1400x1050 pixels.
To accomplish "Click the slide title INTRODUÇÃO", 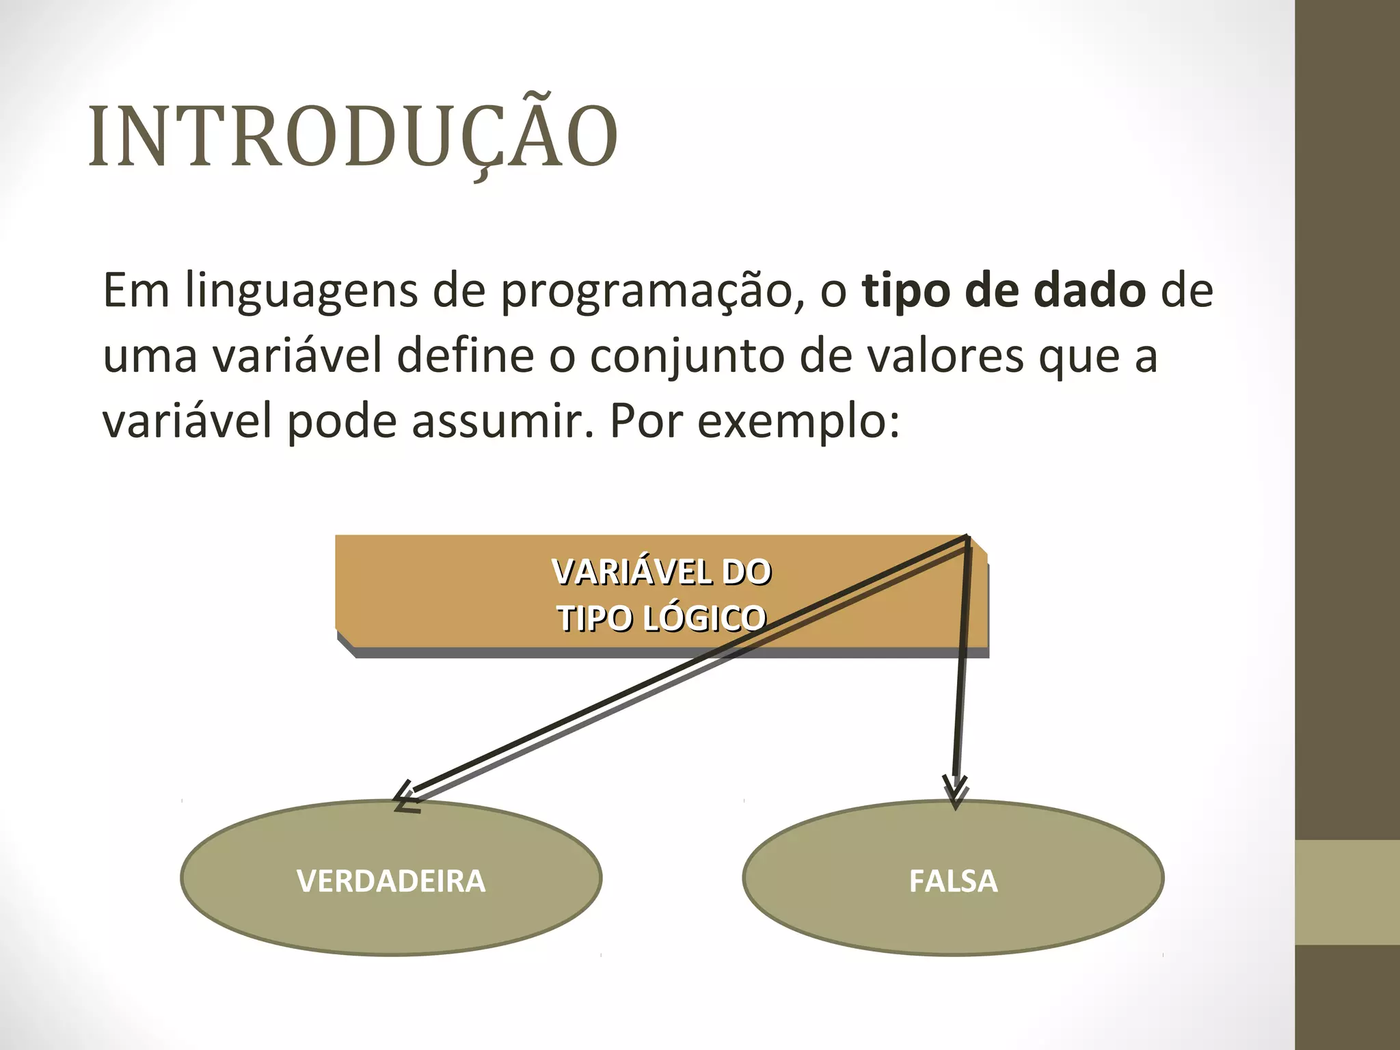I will [x=353, y=137].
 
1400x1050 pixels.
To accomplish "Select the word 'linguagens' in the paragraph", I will [x=301, y=291].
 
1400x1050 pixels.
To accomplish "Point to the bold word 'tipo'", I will [x=906, y=291].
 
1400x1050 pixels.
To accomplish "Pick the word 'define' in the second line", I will [x=466, y=356].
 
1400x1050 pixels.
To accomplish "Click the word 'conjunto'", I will [x=687, y=356].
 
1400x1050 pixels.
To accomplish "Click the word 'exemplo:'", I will [x=798, y=421].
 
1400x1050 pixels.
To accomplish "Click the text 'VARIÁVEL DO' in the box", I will [x=662, y=571].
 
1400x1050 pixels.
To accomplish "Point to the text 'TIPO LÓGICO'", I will [x=662, y=618].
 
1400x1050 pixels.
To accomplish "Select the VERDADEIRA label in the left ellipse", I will [x=391, y=880].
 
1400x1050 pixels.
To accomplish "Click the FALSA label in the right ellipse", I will [x=953, y=880].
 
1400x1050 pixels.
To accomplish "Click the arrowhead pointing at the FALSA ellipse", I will [x=956, y=794].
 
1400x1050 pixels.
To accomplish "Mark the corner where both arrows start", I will [x=967, y=537].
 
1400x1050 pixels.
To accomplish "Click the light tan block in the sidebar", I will [x=1347, y=892].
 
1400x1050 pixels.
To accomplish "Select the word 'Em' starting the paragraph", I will [x=136, y=291].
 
